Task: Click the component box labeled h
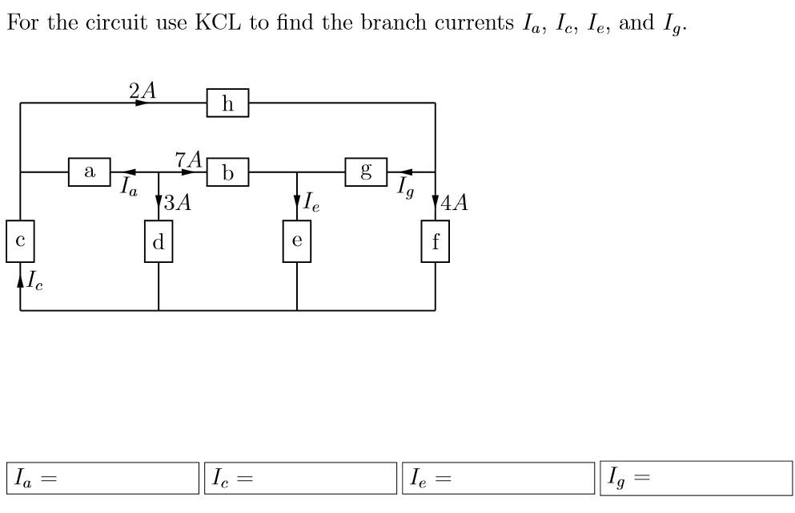tap(227, 103)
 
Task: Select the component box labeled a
tap(90, 171)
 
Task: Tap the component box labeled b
tap(228, 172)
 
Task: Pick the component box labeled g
tap(367, 172)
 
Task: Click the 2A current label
tap(142, 89)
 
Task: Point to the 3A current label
tap(179, 203)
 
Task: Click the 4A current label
tap(455, 203)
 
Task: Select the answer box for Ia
tap(102, 479)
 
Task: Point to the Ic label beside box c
tap(35, 281)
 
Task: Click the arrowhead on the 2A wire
tap(142, 103)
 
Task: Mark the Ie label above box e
tap(311, 203)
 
